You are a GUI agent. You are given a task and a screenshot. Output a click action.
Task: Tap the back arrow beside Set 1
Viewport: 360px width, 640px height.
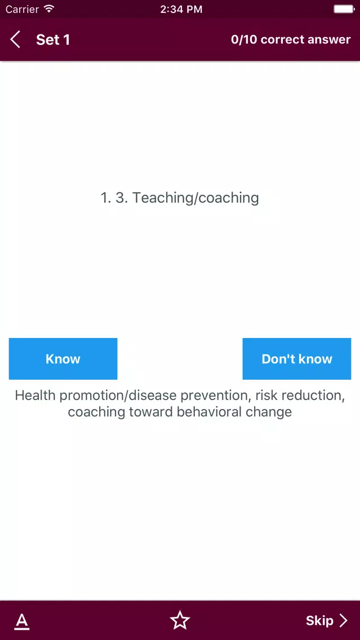(15, 39)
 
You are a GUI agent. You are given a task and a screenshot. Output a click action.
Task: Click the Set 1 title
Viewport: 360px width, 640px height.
(53, 39)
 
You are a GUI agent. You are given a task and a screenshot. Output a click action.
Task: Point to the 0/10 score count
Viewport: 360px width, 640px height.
(244, 39)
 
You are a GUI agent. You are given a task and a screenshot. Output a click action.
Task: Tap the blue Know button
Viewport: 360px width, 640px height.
(63, 359)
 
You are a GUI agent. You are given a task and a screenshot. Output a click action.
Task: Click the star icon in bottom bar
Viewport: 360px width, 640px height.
(180, 620)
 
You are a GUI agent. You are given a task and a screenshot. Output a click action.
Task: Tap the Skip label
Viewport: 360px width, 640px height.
(319, 621)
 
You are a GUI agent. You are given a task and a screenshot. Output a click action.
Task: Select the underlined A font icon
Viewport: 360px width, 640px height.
(22, 621)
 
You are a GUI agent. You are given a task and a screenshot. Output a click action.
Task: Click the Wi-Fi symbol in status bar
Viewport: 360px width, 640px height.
(49, 8)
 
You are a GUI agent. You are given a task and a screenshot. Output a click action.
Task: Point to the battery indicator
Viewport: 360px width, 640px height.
(344, 9)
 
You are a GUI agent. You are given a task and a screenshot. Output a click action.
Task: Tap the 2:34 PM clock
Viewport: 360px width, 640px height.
(181, 9)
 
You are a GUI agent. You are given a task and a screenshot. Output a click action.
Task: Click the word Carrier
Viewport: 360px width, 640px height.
(23, 9)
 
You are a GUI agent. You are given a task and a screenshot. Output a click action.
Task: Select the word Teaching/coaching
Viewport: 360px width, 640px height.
(195, 198)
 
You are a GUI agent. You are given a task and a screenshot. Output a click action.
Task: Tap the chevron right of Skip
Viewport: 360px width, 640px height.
(344, 621)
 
